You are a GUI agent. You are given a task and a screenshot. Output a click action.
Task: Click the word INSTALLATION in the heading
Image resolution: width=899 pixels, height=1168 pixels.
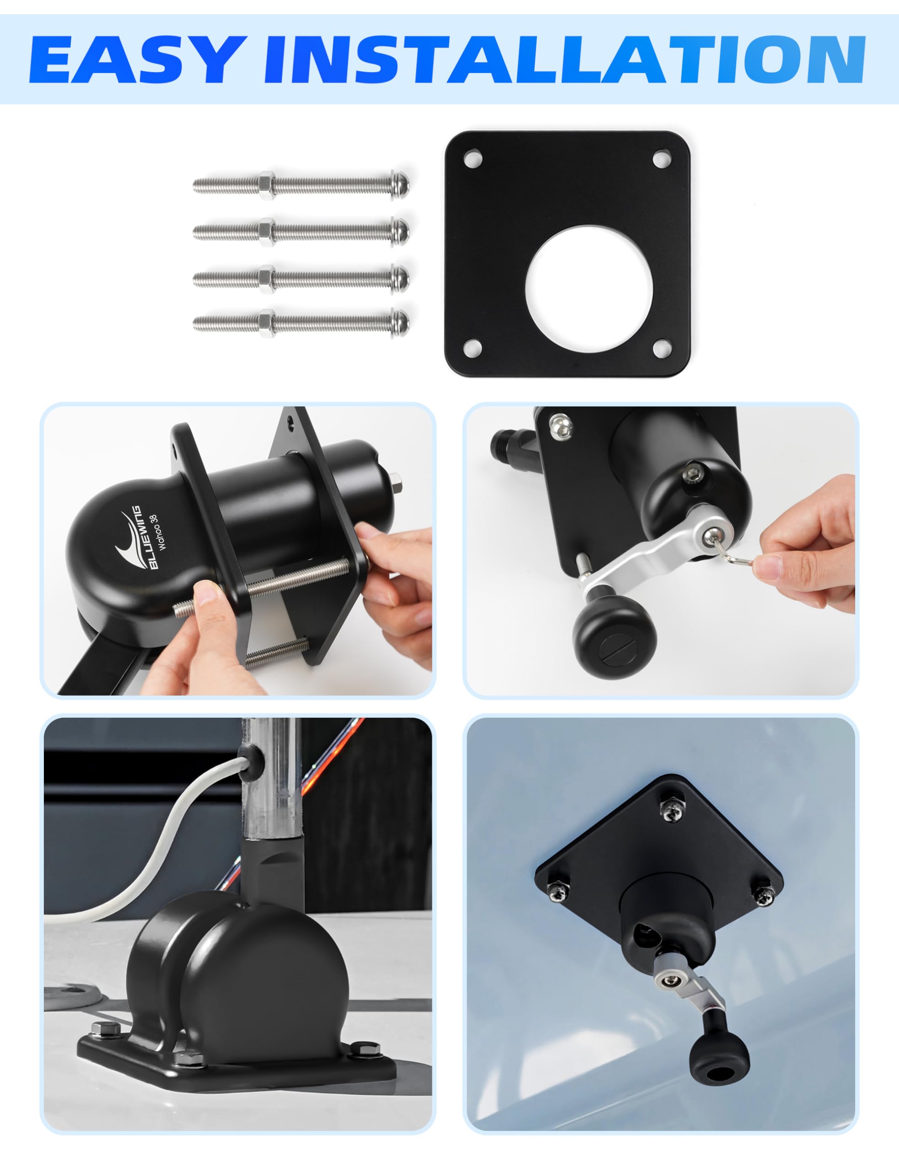tap(564, 59)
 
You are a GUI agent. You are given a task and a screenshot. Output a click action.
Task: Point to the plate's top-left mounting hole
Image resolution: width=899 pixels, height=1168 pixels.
tap(473, 158)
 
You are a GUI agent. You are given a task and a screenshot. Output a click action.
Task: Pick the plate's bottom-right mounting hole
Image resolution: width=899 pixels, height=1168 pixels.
tap(662, 348)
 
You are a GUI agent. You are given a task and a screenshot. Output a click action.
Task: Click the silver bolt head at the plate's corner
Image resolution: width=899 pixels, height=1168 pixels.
tap(560, 426)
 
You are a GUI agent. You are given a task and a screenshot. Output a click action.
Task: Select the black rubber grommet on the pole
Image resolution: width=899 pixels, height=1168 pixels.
tap(251, 757)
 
